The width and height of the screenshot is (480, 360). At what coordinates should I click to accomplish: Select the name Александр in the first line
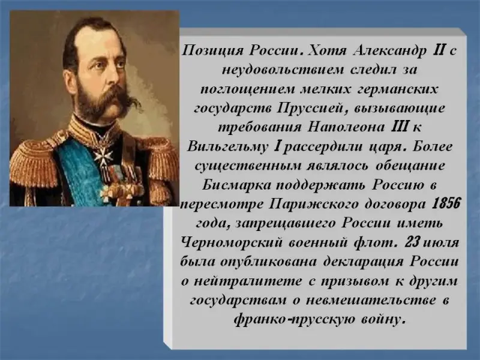tap(389, 50)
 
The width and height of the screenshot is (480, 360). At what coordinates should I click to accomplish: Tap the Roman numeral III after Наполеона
tap(399, 127)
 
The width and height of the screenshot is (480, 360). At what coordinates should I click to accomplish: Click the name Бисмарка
tap(236, 185)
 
